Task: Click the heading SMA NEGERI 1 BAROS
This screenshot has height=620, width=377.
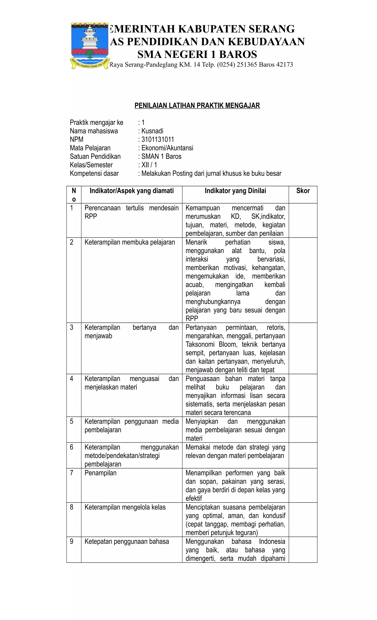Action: point(197,54)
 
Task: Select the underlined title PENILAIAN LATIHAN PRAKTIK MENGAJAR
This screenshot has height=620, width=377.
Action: point(197,106)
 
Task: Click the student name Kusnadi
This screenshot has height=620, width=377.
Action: point(152,131)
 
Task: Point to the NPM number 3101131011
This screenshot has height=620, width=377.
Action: point(158,139)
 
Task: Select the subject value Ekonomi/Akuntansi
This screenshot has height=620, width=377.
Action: point(167,148)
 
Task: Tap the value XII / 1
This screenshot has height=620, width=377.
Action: point(149,165)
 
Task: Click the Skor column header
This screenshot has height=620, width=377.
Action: point(303,191)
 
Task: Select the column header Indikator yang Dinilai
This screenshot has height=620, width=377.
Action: point(235,191)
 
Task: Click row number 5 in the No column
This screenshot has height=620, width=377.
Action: point(72,421)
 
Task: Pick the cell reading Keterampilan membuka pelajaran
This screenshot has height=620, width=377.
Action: point(130,242)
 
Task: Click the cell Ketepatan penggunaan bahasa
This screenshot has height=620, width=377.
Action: point(126,541)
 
